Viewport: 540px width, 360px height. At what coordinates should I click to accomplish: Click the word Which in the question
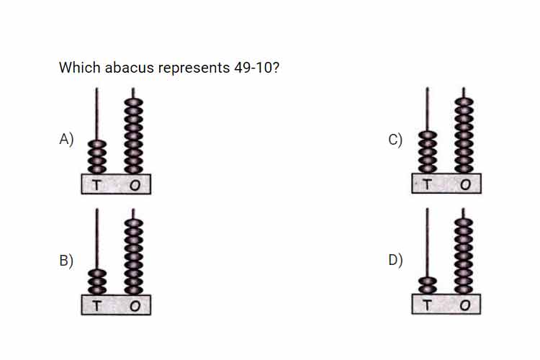tap(79, 68)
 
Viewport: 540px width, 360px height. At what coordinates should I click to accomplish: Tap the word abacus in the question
tap(130, 68)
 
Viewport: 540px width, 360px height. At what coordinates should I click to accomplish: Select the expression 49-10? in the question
tap(257, 68)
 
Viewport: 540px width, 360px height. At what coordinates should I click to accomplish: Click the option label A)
tap(66, 139)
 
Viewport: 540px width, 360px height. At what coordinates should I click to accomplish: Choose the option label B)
tap(66, 261)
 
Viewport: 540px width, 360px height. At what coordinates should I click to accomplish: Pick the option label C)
tap(395, 140)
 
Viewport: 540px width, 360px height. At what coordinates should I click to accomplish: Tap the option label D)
tap(395, 260)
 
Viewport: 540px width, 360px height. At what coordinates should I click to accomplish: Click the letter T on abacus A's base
tap(96, 185)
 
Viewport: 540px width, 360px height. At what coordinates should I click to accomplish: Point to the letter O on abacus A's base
tap(135, 186)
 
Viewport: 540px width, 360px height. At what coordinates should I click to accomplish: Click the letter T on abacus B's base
tap(96, 306)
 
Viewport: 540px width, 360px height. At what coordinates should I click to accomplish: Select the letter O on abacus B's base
tap(135, 306)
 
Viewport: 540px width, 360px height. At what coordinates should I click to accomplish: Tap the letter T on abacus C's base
tap(427, 184)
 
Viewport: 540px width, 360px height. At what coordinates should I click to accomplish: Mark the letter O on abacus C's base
tap(465, 184)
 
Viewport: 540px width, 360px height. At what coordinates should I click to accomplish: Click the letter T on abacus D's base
tap(427, 305)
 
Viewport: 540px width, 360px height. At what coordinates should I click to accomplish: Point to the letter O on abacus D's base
tap(465, 305)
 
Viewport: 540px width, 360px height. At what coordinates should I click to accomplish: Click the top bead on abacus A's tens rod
tap(97, 144)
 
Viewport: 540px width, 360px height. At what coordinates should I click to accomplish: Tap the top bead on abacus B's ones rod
tap(134, 223)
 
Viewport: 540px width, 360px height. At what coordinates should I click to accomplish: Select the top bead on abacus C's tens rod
tap(428, 135)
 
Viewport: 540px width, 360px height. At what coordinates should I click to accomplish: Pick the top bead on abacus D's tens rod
tap(428, 282)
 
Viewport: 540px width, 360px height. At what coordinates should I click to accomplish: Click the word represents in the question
tap(194, 68)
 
